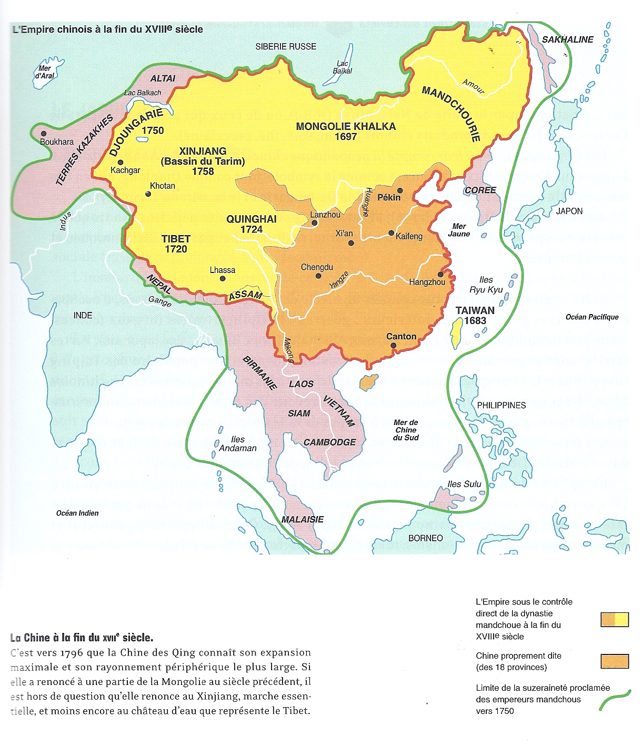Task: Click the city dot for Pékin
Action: point(400,190)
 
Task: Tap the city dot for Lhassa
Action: point(223,279)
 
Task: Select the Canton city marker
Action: point(394,346)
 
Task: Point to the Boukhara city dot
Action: point(44,134)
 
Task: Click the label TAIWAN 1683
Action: point(475,316)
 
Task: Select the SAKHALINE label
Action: point(567,39)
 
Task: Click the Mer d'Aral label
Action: point(45,72)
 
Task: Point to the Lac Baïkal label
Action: point(342,67)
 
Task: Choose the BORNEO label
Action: point(425,538)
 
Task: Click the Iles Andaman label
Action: point(238,443)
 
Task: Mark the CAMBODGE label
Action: point(329,442)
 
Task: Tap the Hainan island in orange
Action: point(369,382)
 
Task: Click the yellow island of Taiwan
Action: point(456,335)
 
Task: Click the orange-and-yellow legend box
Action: point(615,620)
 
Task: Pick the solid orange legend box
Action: point(615,661)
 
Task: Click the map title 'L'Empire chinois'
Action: point(107,29)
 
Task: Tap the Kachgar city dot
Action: point(121,163)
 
